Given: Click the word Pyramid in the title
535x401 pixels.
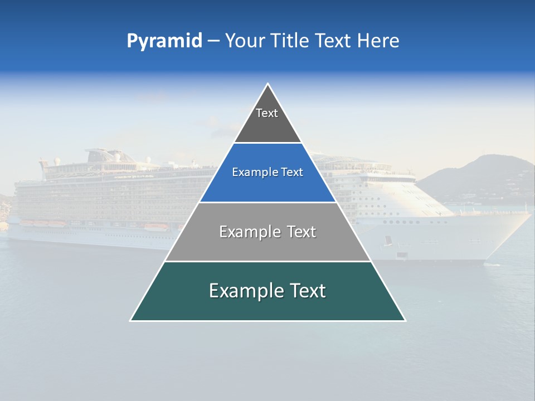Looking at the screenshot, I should [x=164, y=41].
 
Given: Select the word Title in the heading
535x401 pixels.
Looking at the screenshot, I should [x=286, y=41].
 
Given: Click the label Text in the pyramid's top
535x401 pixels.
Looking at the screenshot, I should [x=267, y=113].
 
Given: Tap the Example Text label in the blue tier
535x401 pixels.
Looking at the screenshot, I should [x=267, y=172].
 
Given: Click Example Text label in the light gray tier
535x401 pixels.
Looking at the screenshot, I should [x=267, y=232].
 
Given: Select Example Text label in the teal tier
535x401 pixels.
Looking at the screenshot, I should [x=267, y=291].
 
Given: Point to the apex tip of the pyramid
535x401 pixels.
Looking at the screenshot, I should [x=268, y=85].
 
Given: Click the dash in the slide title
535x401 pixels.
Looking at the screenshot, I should [x=213, y=41].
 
